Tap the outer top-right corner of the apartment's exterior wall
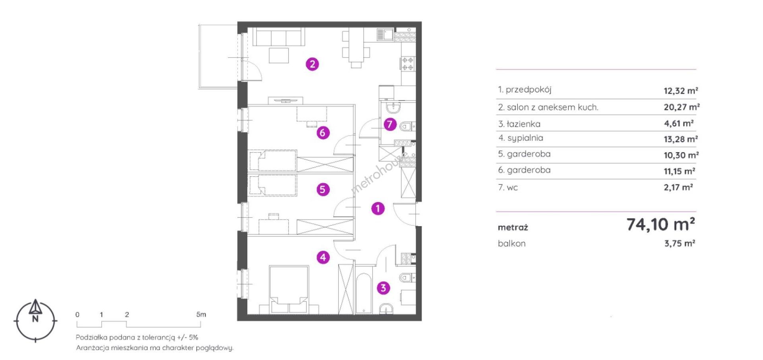[x=421, y=22]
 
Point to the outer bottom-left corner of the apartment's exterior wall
[x=238, y=320]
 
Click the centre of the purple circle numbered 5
[x=323, y=190]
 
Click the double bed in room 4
[x=289, y=289]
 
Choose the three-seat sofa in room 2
[x=279, y=37]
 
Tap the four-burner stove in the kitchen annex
[x=408, y=64]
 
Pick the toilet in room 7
[x=408, y=126]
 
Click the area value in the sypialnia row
[x=681, y=139]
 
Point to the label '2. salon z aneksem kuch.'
[x=548, y=107]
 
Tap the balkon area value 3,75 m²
[x=680, y=243]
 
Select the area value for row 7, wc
[x=678, y=187]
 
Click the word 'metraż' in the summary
[x=513, y=228]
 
